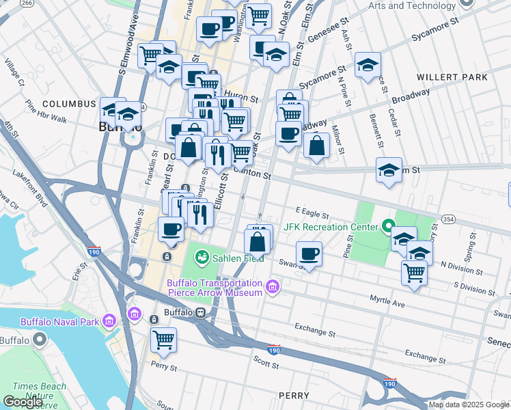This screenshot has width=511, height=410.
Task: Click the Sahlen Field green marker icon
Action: point(202,257)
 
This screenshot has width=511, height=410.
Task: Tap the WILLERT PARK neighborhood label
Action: point(453,77)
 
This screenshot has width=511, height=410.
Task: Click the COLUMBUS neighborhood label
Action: point(68,104)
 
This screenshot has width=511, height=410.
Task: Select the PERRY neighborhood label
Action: point(295,396)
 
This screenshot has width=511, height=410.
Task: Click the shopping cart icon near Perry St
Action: point(164,338)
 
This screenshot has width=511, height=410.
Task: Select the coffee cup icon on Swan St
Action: point(309,254)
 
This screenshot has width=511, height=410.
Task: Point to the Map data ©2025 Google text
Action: point(468,405)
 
